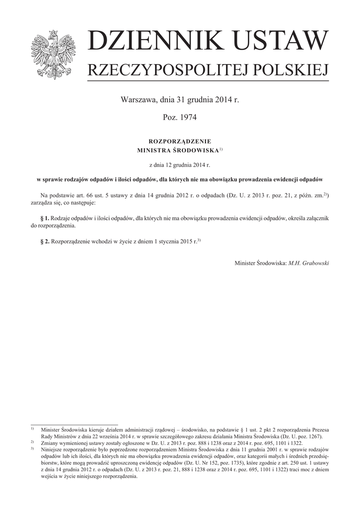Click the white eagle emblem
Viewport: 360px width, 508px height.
click(52, 54)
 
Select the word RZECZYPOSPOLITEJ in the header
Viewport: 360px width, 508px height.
click(169, 70)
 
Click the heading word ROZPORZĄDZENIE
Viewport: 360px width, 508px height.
click(180, 141)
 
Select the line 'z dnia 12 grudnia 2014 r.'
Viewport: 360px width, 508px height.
click(180, 164)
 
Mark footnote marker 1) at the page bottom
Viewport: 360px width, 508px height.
click(32, 428)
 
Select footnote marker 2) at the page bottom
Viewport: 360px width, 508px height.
click(32, 442)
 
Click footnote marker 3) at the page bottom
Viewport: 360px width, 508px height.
click(32, 448)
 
